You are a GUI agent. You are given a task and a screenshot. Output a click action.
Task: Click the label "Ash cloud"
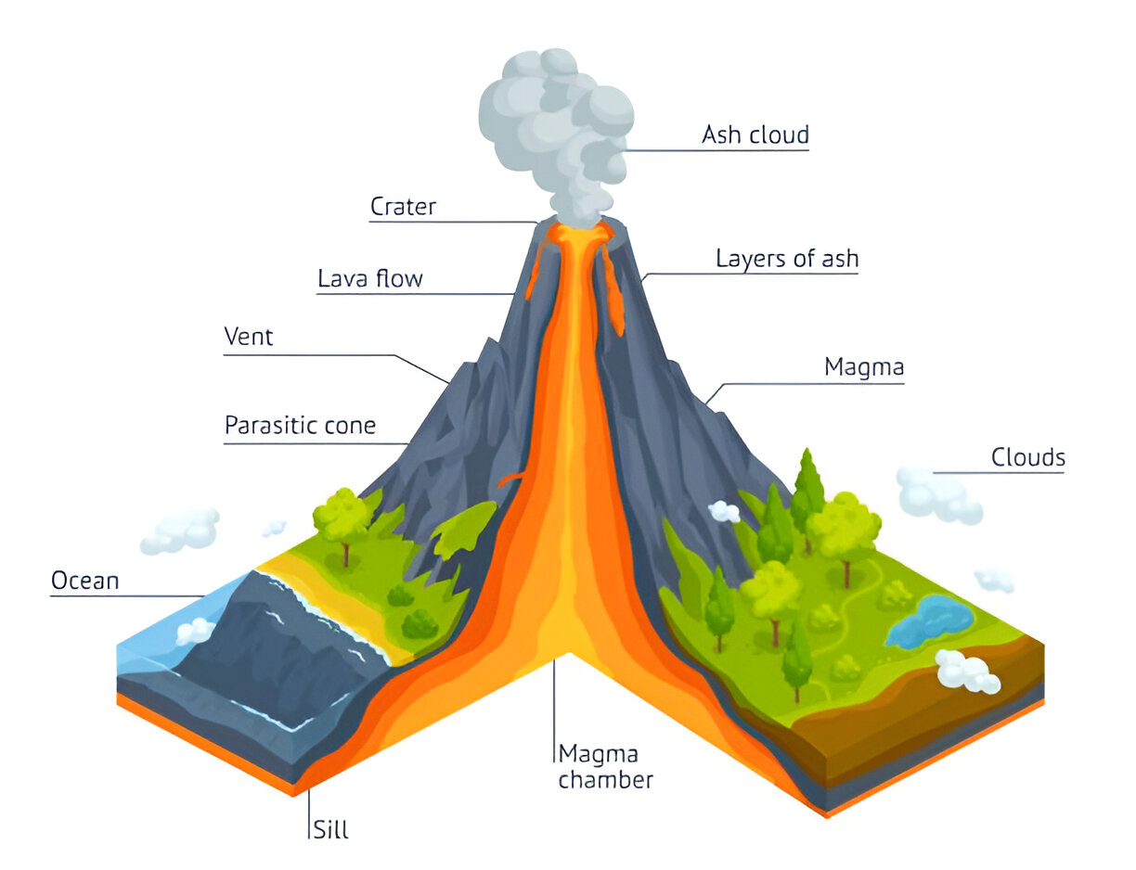pos(755,135)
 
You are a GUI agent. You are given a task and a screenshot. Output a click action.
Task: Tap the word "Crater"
pos(403,206)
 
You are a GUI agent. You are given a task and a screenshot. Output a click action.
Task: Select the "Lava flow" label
pos(369,278)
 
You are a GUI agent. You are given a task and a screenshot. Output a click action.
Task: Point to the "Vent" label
pos(249,337)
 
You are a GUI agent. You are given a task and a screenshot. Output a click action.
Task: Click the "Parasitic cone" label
pos(300,426)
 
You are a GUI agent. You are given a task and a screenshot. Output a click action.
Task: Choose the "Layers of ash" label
pos(786,259)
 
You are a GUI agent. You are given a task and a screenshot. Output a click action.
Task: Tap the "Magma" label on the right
pos(863,367)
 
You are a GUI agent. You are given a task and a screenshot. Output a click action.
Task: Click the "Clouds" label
pos(1027,457)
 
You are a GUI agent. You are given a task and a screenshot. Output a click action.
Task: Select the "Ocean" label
pos(84,582)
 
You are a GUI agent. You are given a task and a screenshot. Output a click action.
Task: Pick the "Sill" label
pos(329,828)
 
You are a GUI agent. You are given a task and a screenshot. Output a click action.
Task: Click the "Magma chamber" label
pos(605,766)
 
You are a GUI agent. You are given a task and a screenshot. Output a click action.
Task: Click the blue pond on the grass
pos(930,621)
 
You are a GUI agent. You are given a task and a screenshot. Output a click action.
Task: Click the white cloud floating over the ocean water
pos(195,632)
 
